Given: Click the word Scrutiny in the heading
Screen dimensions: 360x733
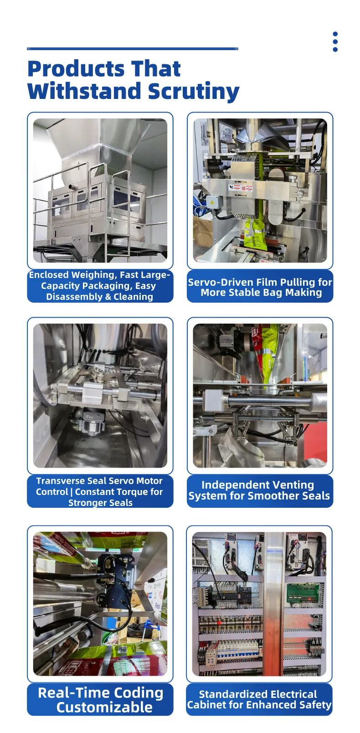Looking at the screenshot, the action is pos(194,91).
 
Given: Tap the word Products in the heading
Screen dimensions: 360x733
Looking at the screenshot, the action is pos(76,69).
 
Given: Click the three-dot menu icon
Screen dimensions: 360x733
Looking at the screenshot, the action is pos(335,41).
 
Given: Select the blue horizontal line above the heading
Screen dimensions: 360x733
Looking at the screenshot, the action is pos(133,49).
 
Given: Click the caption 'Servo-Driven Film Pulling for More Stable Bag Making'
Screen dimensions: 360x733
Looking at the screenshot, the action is pos(260,287).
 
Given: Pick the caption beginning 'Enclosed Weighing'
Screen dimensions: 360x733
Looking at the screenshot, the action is pos(99,286).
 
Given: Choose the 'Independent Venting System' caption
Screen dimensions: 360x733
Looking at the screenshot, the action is pos(259,490).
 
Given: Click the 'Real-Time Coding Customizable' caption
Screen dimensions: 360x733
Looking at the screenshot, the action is pos(101,700).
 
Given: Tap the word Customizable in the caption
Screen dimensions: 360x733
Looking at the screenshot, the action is pos(104,707).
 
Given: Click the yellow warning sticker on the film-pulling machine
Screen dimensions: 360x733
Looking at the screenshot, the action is pos(212,202).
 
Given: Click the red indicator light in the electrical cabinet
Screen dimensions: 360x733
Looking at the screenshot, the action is pos(219,621).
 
